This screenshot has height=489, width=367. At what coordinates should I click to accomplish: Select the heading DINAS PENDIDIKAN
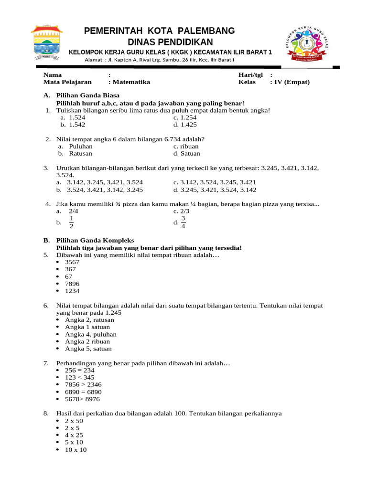coord(159,42)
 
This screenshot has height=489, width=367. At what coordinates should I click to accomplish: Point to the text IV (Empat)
coord(291,82)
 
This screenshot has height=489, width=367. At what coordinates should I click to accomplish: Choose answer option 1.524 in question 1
coord(77,117)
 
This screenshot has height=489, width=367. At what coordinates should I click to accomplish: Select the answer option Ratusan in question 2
coord(80,154)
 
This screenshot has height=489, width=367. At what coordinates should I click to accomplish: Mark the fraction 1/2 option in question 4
coord(71,222)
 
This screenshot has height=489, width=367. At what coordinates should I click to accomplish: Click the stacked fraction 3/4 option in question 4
coord(183,222)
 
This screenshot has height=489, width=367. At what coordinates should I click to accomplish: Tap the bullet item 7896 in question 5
coord(72,284)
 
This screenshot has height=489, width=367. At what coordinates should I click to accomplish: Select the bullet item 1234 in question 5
coord(72,291)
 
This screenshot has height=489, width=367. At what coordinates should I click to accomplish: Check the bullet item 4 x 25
coord(74,436)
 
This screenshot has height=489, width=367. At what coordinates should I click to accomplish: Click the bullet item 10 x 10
coord(76,450)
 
